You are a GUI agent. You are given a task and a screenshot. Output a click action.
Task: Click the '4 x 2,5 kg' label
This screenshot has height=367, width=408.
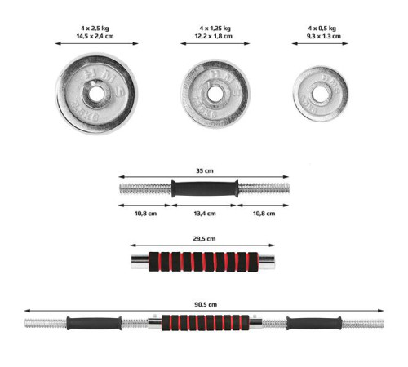click(x=95, y=29)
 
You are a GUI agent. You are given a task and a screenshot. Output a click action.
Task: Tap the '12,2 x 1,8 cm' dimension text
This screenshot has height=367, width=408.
click(x=214, y=36)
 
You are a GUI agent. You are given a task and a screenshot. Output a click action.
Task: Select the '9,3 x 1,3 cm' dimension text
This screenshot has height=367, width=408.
click(x=324, y=36)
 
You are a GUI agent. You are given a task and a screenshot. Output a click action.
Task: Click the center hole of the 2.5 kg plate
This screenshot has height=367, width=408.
click(x=96, y=94)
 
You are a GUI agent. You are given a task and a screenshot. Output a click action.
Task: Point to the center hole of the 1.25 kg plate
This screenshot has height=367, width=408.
click(x=215, y=94)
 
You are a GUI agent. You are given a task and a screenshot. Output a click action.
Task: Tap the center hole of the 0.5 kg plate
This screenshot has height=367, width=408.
click(x=320, y=94)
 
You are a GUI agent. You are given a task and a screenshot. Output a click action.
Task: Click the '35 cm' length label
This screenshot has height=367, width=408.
click(x=205, y=171)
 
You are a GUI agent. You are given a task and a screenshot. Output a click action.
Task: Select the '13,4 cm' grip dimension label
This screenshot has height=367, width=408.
click(x=205, y=214)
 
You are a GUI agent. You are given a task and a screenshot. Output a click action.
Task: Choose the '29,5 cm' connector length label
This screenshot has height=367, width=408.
click(x=204, y=239)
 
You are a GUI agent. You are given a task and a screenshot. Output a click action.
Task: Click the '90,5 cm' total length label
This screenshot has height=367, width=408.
click(x=206, y=304)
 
